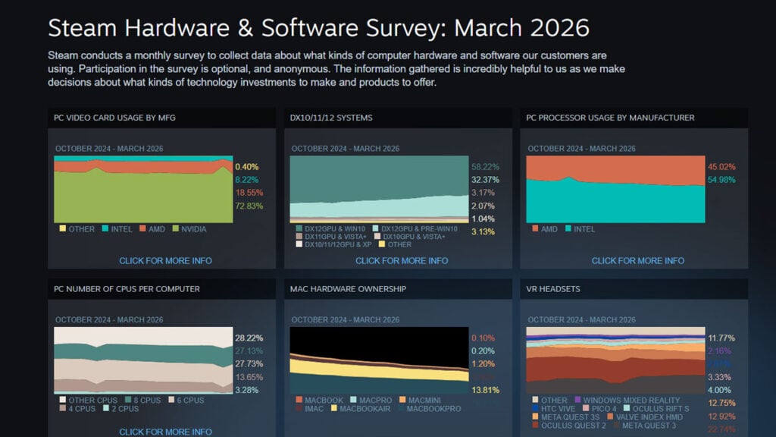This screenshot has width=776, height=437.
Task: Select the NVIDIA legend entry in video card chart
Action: [x=189, y=228]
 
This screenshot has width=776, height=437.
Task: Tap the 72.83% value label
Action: [x=248, y=206]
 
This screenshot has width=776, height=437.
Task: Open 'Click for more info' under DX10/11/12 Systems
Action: [x=402, y=260]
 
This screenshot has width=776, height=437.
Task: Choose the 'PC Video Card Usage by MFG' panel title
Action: [x=115, y=118]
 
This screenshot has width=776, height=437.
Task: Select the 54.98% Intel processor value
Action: [x=721, y=179]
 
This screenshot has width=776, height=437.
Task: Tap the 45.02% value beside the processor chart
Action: [x=721, y=166]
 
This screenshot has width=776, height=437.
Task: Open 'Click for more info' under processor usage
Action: [x=638, y=260]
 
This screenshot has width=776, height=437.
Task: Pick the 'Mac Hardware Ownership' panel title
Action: [x=348, y=289]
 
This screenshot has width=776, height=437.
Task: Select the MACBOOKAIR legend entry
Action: [x=367, y=408]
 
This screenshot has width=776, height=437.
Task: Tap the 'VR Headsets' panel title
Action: [x=553, y=289]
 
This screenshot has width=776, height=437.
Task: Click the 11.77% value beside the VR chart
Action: [x=721, y=338]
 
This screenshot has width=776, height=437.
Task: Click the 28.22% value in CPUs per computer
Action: [x=249, y=338]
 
